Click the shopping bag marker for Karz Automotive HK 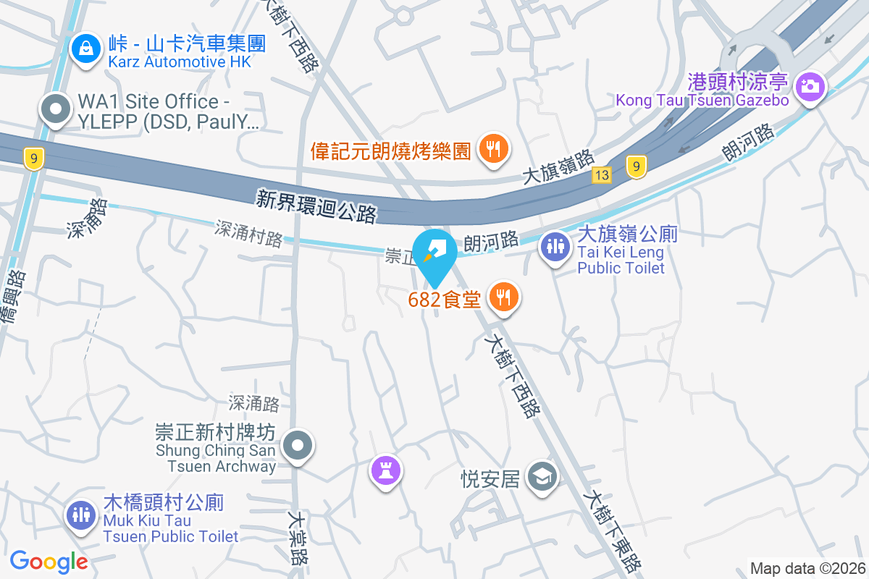point(86,49)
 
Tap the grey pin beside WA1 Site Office point(56,110)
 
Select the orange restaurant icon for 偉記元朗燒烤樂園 point(494,150)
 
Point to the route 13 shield point(601,174)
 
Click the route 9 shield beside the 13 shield point(636,167)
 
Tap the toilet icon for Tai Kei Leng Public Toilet point(555,247)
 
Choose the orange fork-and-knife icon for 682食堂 point(504,297)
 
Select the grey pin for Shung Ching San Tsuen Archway point(297,446)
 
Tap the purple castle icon point(386,471)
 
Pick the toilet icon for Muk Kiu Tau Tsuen point(80,515)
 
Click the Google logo point(49,561)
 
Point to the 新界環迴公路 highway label point(316,206)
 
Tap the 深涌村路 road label point(248,233)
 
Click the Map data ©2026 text point(807,568)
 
